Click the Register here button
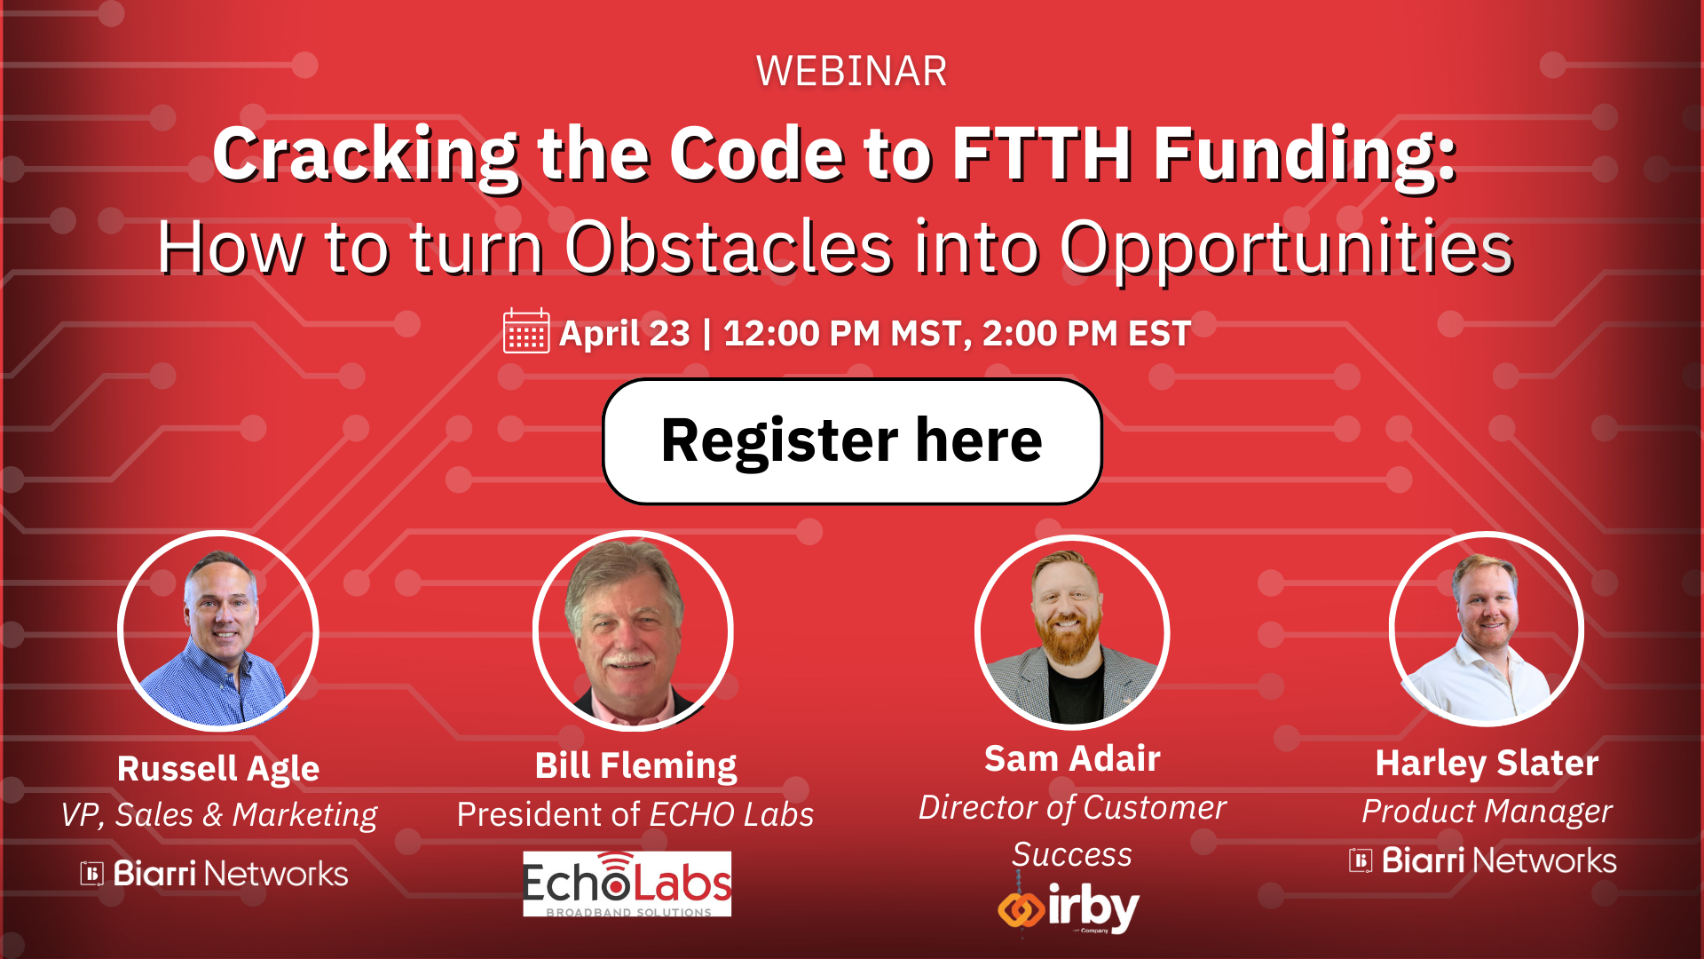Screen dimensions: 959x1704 [x=852, y=441]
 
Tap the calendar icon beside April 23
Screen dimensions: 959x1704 [x=525, y=331]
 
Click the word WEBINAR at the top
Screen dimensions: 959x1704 [x=851, y=71]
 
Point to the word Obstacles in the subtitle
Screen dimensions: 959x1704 [x=729, y=248]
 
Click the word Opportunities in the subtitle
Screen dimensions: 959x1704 [x=1286, y=248]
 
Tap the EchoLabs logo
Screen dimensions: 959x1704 [x=627, y=884]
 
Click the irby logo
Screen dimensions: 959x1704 [x=1069, y=908]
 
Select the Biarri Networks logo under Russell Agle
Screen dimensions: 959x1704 [x=214, y=874]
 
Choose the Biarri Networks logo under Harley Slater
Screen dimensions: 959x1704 [x=1482, y=860]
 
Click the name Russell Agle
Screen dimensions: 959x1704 [x=218, y=768]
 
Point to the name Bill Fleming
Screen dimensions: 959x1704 [x=635, y=765]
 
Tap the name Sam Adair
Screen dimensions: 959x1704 [x=1072, y=759]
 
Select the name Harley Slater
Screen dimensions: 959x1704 [x=1487, y=763]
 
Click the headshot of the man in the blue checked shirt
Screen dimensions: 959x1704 [x=218, y=631]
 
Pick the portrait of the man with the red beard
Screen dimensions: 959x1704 [x=1072, y=631]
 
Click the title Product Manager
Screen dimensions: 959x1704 [x=1487, y=811]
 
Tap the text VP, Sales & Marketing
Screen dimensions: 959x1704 [x=218, y=814]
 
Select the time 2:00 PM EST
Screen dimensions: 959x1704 [x=1086, y=334]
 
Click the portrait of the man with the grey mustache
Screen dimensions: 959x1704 [x=633, y=631]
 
